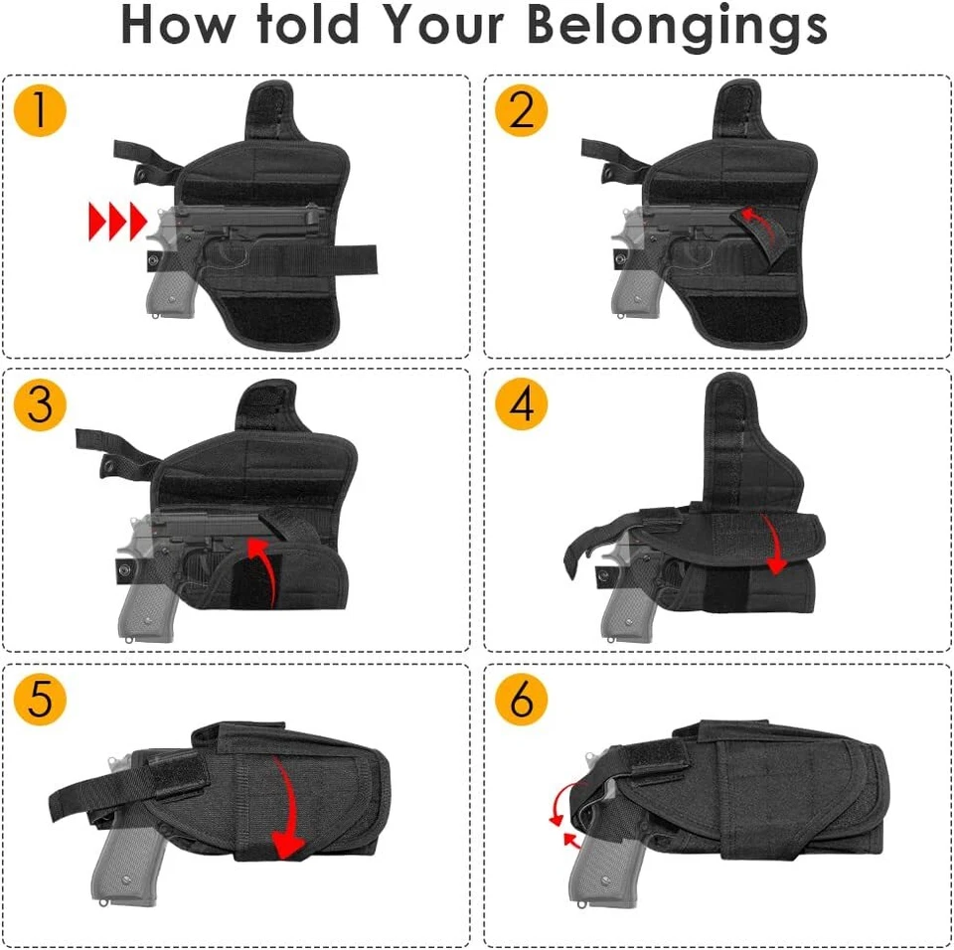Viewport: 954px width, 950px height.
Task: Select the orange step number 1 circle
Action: [x=40, y=110]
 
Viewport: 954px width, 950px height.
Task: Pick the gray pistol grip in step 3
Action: [x=144, y=606]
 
